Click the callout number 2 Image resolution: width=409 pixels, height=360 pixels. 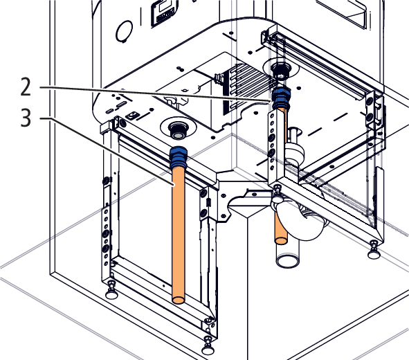(26, 87)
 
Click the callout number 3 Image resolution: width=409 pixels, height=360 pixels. (26, 118)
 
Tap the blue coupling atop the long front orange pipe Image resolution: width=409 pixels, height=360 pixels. (179, 158)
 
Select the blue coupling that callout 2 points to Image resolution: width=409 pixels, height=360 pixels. (281, 98)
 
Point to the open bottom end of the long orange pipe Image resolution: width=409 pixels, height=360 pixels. (179, 300)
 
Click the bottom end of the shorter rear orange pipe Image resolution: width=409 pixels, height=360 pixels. (281, 240)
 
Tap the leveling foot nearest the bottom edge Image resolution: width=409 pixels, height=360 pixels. (208, 346)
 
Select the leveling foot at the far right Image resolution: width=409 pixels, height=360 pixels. (374, 250)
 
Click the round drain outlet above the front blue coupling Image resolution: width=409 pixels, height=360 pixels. (179, 130)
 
